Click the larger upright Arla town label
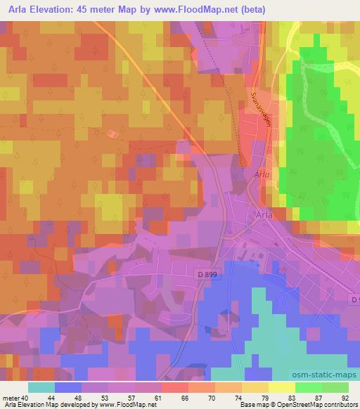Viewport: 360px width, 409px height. click(263, 216)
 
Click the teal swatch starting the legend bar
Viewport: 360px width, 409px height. click(41, 387)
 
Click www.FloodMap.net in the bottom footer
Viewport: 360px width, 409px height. click(131, 405)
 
